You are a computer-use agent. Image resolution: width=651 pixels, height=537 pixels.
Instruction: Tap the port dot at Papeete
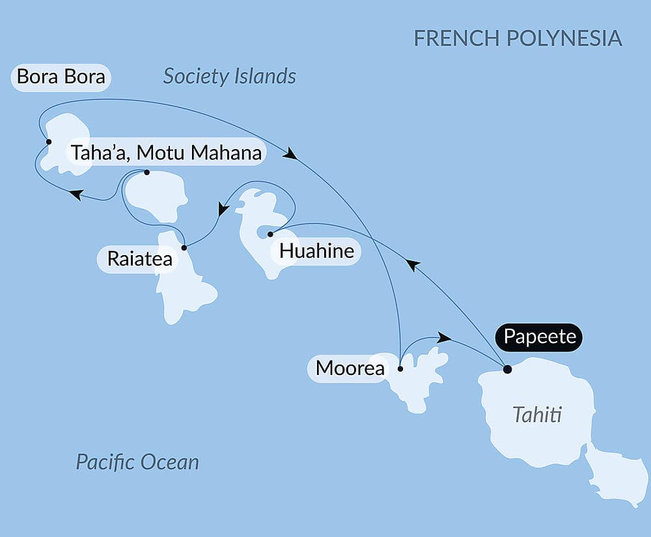[x=507, y=370]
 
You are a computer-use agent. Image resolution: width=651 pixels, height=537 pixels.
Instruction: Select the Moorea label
[x=349, y=368]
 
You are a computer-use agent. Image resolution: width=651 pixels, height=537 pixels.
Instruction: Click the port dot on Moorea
[x=400, y=369]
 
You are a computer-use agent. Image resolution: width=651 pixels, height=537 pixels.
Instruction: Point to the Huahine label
[x=316, y=251]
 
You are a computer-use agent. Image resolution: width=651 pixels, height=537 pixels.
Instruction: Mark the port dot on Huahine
[x=270, y=234]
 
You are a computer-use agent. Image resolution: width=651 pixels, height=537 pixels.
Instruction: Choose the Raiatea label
[x=140, y=259]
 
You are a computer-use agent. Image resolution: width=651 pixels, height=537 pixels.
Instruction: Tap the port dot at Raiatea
[x=184, y=247]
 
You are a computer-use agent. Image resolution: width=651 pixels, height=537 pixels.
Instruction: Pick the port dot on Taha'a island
[x=146, y=172]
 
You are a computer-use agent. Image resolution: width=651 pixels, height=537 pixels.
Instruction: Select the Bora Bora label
[x=61, y=77]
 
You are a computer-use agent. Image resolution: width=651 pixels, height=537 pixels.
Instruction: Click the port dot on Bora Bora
[x=48, y=141]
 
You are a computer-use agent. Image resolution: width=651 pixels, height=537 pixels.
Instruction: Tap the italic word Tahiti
[x=537, y=415]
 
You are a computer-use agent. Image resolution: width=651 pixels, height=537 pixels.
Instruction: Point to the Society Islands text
[x=229, y=76]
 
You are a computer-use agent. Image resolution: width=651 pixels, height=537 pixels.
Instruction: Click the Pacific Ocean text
[x=137, y=462]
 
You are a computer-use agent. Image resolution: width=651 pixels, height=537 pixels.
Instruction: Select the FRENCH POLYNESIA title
[x=518, y=38]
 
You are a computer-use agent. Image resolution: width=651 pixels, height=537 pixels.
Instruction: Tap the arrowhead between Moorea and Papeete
[x=444, y=337]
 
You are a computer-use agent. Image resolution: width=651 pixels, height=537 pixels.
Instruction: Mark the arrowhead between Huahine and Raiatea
[x=223, y=210]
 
